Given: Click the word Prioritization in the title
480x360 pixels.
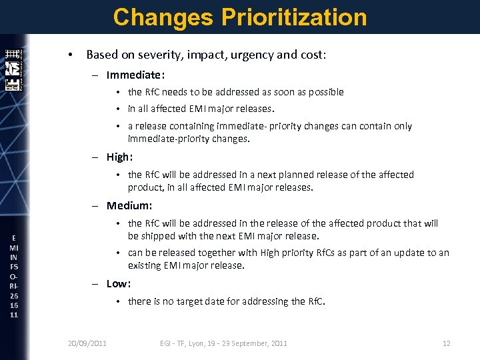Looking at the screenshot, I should [x=293, y=17].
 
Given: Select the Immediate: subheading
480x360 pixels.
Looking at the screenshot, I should [x=135, y=75].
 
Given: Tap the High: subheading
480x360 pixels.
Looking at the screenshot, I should [x=120, y=157].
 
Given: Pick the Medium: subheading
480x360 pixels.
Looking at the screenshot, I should [x=129, y=206].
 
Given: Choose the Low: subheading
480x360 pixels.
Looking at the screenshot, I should [x=119, y=284].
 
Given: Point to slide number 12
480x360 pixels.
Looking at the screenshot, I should [x=447, y=343].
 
